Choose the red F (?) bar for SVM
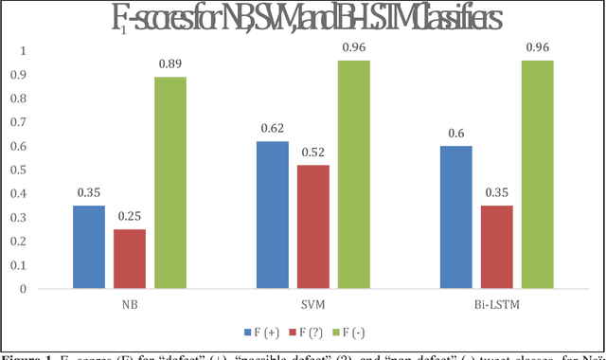coord(313,226)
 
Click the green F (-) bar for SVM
coord(353,174)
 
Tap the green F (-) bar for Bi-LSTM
coord(537,174)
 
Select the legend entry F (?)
coord(314,333)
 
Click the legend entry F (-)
coord(361,333)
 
